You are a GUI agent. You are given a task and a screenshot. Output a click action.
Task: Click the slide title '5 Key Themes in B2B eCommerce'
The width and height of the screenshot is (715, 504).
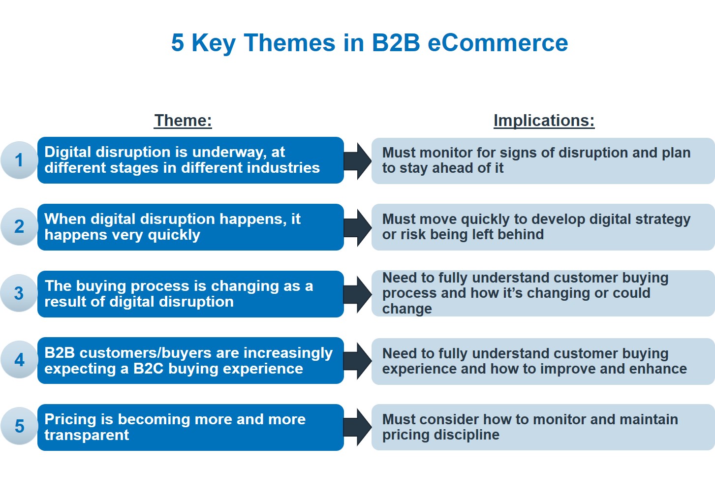(369, 43)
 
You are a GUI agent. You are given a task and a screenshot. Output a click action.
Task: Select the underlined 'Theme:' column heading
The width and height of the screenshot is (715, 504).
(183, 120)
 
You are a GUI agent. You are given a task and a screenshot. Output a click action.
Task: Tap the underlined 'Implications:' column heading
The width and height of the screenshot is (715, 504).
(544, 120)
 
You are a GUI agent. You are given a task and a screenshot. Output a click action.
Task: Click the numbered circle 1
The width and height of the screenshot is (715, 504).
(19, 160)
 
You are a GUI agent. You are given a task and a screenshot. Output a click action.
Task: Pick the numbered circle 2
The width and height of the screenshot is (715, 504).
(19, 226)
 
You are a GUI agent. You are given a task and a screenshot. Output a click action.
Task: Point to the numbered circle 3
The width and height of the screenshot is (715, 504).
(19, 293)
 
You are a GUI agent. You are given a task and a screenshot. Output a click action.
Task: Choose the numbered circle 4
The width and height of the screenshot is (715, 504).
(19, 360)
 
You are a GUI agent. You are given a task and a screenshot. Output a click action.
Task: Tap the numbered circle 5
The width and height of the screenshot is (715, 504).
(19, 426)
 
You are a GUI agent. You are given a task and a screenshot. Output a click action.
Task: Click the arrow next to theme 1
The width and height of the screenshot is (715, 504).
(358, 160)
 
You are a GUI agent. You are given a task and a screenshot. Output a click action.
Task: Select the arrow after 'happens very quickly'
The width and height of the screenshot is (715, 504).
(358, 227)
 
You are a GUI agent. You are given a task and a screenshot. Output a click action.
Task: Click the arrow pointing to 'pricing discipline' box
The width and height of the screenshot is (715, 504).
(358, 427)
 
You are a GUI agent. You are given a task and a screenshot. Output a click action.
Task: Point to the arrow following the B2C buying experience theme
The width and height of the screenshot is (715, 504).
(358, 361)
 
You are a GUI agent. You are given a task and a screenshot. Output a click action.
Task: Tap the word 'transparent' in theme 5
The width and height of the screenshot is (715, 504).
(87, 435)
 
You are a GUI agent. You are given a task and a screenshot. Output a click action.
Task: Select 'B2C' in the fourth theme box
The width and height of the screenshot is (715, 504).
(148, 369)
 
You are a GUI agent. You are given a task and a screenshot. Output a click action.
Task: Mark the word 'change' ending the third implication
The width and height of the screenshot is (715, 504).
(407, 309)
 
